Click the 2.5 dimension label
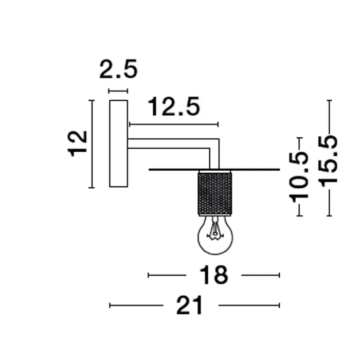(119, 69)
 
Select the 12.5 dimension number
(173, 107)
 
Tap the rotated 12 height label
(78, 143)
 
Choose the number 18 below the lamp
(213, 276)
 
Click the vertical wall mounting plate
(118, 143)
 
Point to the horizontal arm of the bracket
(170, 143)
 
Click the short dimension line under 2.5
(118, 92)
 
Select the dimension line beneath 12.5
(174, 124)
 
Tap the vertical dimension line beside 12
(92, 144)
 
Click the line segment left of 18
(167, 276)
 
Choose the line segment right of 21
(249, 306)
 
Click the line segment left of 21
(136, 306)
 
